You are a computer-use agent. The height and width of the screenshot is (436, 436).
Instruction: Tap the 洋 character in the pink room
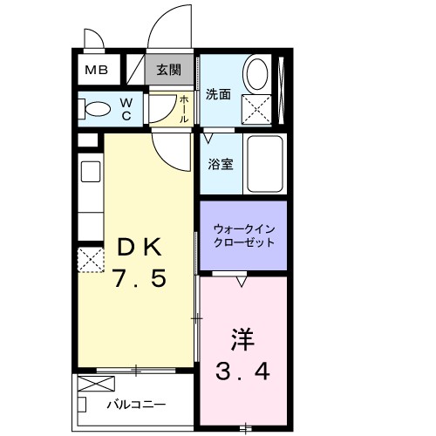(x=243, y=336)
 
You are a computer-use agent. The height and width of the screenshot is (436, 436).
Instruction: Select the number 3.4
(x=243, y=371)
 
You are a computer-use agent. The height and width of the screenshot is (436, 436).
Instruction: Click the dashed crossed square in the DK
(x=89, y=259)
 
